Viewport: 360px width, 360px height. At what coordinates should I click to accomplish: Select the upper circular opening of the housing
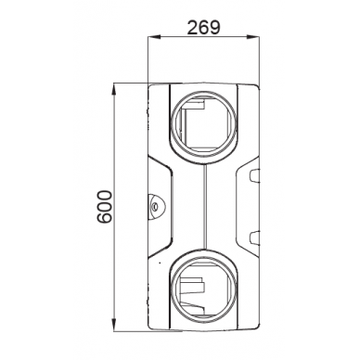(202, 122)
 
